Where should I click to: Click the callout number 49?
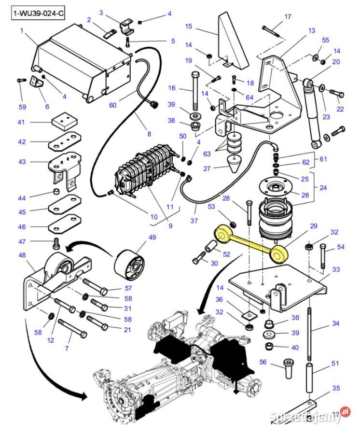pos(152,237)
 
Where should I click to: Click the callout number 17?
pos(288,17)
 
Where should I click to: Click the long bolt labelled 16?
pos(195,92)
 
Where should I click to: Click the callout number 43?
pos(22,162)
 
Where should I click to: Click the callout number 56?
pos(263,362)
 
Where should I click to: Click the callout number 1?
pos(22,30)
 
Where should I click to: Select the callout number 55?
pos(325,40)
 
